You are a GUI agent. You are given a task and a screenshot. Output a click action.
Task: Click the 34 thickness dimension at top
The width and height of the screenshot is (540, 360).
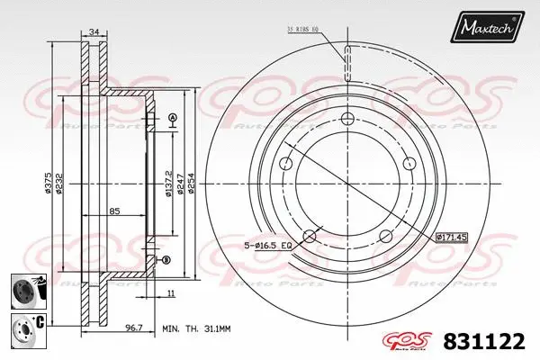(94, 33)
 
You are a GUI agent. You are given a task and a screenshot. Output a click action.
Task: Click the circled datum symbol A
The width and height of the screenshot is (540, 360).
(172, 119)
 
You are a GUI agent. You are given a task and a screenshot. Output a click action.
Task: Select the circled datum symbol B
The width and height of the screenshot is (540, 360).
(166, 260)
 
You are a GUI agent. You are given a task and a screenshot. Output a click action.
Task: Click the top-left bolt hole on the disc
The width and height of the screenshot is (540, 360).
(287, 163)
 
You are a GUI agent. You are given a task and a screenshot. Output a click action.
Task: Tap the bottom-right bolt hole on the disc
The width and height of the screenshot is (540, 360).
(386, 237)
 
